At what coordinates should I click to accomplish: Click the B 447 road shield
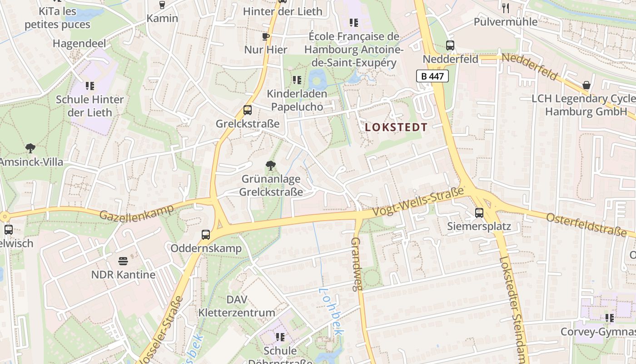(432, 76)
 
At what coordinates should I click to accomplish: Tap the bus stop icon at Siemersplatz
(479, 212)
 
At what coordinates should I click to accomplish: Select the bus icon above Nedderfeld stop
(450, 45)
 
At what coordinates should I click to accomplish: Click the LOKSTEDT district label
(397, 127)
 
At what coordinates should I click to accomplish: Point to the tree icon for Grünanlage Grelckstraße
(271, 165)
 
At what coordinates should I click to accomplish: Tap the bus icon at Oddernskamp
(206, 235)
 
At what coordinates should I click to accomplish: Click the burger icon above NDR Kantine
(123, 261)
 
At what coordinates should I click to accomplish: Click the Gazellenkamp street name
(136, 212)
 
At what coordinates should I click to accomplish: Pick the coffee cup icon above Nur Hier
(266, 36)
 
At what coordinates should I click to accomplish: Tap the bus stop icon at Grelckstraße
(248, 110)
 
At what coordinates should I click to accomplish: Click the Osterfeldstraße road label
(586, 224)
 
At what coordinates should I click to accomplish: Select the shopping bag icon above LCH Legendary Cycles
(586, 85)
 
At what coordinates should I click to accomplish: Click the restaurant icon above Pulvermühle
(506, 8)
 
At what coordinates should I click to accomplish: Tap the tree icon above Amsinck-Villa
(30, 148)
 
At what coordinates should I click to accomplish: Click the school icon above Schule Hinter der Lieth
(89, 86)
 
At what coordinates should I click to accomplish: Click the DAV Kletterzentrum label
(237, 306)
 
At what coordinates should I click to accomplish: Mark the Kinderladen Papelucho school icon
(297, 80)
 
